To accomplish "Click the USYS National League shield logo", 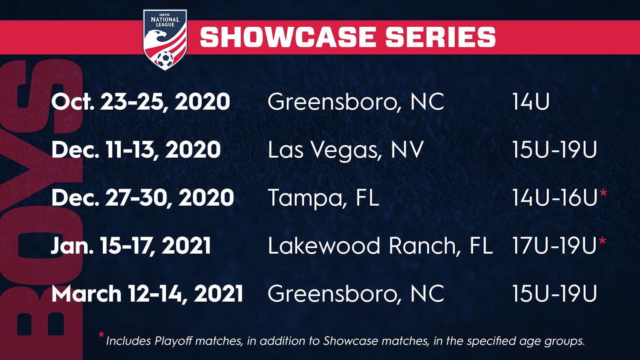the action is point(165,40).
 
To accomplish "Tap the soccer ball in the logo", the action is point(165,60).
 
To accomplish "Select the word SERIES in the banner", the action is point(440,37).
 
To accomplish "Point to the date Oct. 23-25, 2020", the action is point(140,102).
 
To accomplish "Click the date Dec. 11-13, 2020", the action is point(136,150).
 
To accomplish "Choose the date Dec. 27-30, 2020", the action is point(142,198).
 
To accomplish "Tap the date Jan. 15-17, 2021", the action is point(131,246).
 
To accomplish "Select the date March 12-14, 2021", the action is point(147,294).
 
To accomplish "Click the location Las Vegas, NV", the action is point(346,150).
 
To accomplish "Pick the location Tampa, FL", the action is point(324,198).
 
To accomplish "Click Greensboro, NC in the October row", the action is point(356,102).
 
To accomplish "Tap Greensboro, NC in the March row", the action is point(356,294).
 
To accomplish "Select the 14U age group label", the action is point(531,102).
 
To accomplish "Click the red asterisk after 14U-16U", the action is point(603,193).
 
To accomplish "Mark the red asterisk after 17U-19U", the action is point(602,241).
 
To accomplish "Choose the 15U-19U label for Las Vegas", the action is point(554,150).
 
